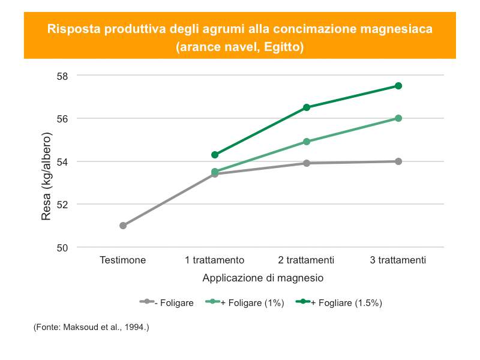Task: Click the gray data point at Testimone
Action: click(x=123, y=226)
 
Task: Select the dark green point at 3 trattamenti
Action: click(x=398, y=86)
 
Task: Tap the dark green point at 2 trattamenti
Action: click(x=307, y=107)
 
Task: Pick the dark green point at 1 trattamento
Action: click(x=215, y=155)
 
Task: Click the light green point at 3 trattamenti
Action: click(x=398, y=118)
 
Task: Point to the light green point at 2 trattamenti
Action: click(x=307, y=142)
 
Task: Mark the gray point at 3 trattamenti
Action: click(x=398, y=161)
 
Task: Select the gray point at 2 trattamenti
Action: click(x=307, y=163)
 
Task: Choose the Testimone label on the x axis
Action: click(x=123, y=260)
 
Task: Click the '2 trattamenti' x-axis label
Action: click(x=307, y=260)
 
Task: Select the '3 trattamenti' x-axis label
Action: click(x=398, y=260)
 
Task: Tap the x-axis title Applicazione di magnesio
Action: click(x=263, y=278)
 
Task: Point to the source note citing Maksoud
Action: click(x=91, y=327)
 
